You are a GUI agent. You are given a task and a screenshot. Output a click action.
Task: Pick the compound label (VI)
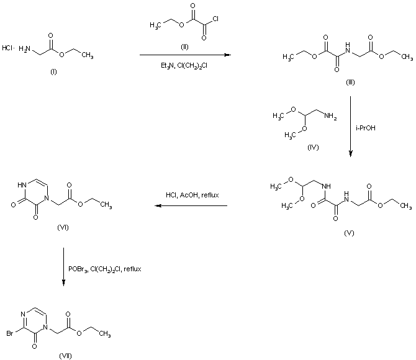tap(63, 227)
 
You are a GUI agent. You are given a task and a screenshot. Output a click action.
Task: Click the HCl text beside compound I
tap(7, 48)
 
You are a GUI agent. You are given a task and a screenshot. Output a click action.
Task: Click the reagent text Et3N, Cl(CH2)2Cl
tap(184, 64)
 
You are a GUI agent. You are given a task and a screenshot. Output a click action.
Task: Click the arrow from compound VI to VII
tap(64, 268)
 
